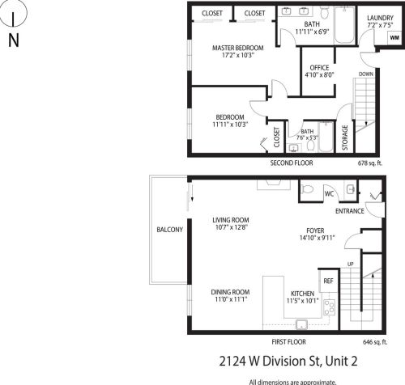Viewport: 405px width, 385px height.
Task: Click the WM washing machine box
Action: tap(393, 37)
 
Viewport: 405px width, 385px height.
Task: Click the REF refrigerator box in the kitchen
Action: tap(328, 281)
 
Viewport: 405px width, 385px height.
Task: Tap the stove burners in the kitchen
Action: tap(330, 307)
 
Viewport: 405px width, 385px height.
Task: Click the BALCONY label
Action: tap(170, 230)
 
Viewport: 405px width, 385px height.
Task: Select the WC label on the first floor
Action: tap(329, 194)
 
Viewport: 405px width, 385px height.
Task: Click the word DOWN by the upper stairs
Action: tap(366, 73)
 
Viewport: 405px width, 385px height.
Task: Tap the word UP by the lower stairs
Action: tap(349, 264)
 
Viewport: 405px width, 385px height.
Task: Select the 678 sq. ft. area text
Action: tap(368, 162)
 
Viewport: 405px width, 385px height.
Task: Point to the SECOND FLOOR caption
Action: tap(291, 162)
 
